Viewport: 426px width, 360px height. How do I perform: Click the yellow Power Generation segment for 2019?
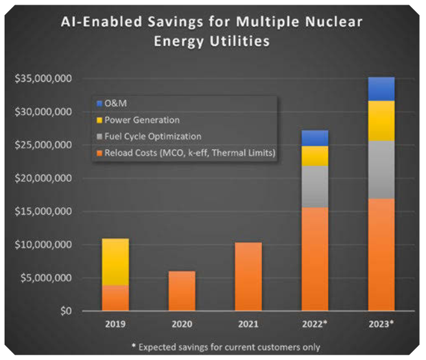coord(115,261)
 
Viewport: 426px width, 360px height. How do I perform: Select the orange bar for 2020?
coord(182,291)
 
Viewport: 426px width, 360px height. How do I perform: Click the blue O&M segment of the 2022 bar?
coord(314,138)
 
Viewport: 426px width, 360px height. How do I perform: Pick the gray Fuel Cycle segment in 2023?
coord(381,169)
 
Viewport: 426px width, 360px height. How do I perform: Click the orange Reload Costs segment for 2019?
coord(115,298)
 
